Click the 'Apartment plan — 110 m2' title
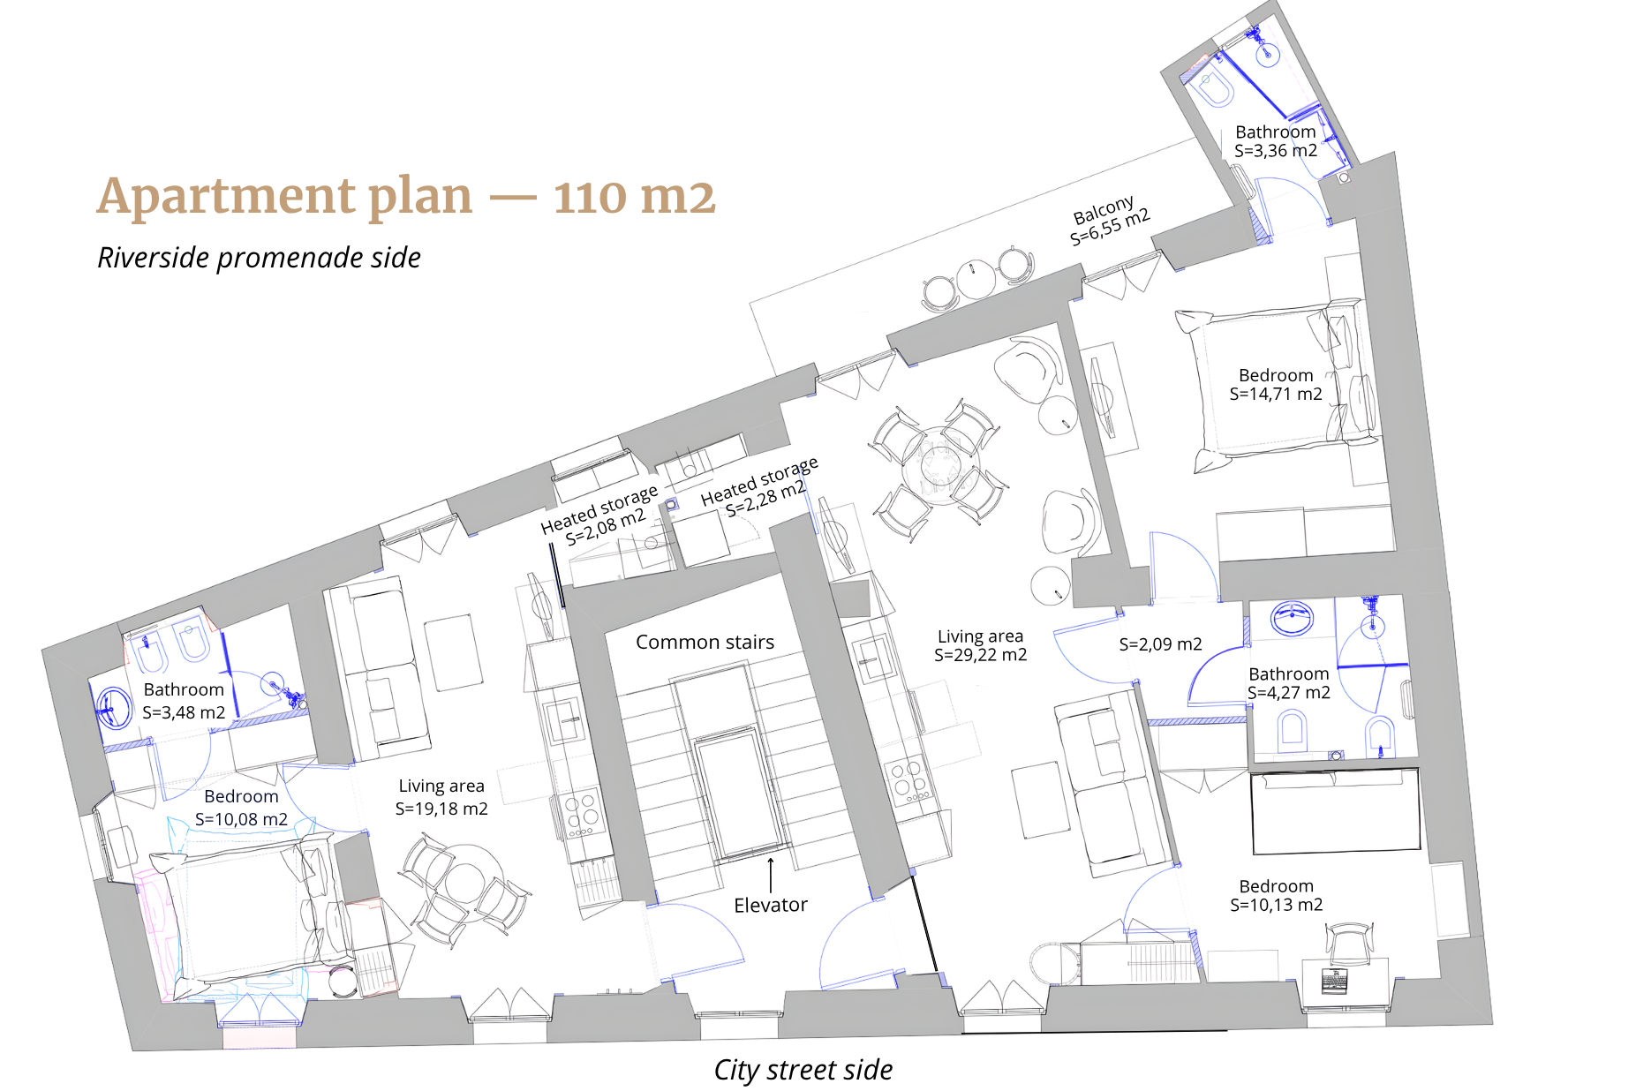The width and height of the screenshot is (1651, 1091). [406, 196]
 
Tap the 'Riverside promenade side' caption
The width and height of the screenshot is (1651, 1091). [259, 258]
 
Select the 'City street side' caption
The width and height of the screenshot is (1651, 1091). [803, 1070]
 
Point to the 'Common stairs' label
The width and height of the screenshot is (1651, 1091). [705, 642]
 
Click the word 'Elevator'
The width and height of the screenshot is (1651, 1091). [771, 905]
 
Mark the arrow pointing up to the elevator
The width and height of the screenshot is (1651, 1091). [771, 874]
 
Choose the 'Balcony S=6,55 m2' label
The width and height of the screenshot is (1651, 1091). [1109, 220]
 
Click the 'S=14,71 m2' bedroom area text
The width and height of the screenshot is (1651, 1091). [1276, 395]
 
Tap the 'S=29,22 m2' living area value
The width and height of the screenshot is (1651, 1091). [980, 655]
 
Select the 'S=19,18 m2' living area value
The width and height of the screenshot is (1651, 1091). [441, 809]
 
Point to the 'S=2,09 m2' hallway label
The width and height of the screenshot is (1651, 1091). [1160, 644]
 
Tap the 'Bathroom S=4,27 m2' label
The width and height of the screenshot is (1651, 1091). [1288, 683]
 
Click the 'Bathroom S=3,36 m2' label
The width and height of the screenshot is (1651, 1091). [1276, 141]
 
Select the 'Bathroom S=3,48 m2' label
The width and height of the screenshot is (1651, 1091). [184, 701]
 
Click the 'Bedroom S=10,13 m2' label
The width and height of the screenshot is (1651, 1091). [1276, 895]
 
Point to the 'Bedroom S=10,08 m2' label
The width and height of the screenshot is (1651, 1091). [241, 808]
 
